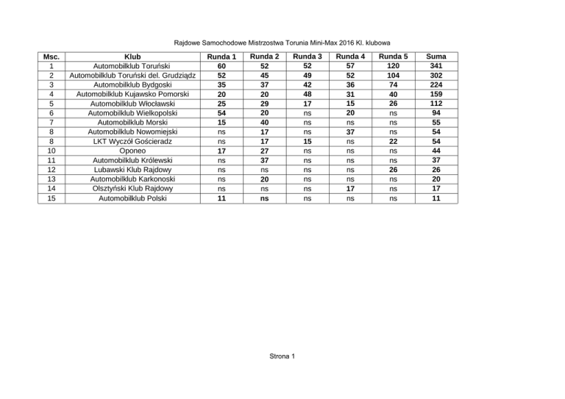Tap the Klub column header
pyautogui.click(x=132, y=56)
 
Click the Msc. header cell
pyautogui.click(x=51, y=56)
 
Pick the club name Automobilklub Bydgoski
pyautogui.click(x=132, y=85)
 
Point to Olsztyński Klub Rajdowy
pyautogui.click(x=132, y=188)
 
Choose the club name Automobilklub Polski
pyautogui.click(x=132, y=198)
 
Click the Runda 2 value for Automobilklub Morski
pyautogui.click(x=264, y=123)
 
